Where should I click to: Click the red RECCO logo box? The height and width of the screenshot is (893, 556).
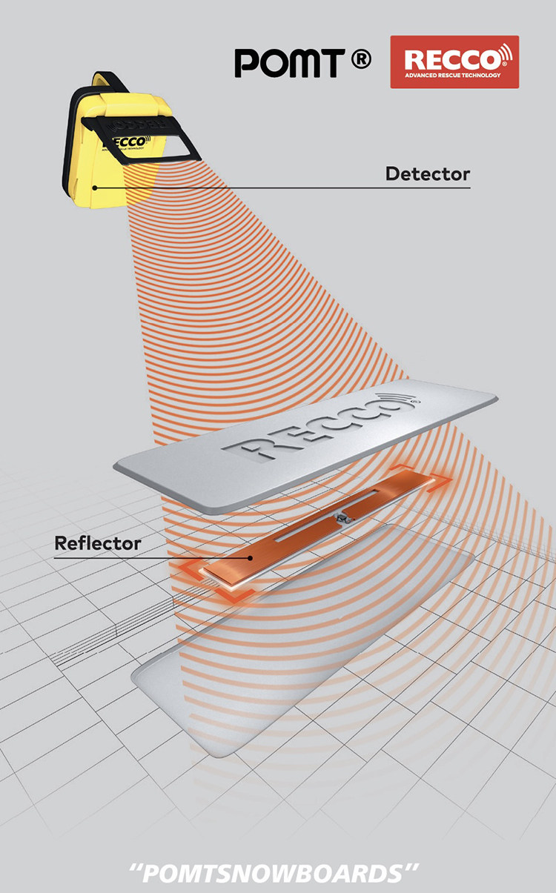point(454,62)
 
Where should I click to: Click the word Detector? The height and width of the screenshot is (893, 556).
point(427,174)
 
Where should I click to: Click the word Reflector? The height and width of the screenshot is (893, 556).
point(98,543)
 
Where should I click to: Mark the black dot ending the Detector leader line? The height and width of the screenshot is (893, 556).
point(96,187)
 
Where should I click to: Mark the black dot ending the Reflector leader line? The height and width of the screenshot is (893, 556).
point(251,557)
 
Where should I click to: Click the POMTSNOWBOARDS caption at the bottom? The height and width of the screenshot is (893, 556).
point(278,873)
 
